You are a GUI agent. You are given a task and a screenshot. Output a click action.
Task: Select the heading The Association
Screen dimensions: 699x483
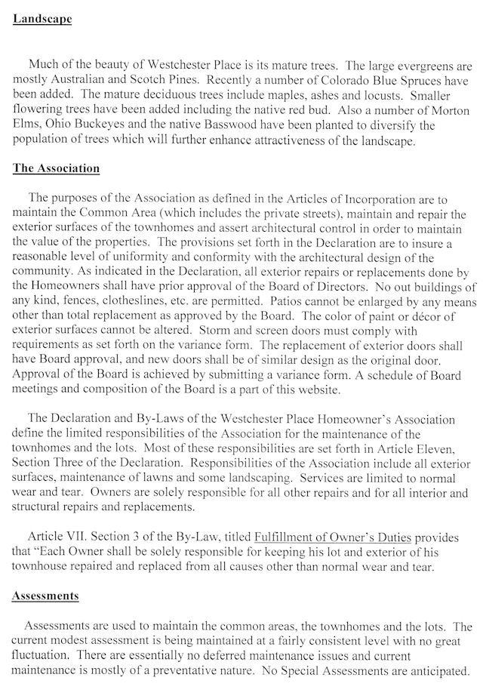(56, 168)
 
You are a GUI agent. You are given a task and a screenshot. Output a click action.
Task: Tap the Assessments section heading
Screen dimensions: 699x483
(45, 596)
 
